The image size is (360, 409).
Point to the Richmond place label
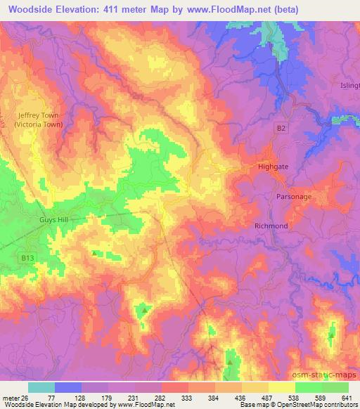point(271,226)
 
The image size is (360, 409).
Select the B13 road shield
point(27,259)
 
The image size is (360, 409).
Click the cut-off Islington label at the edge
point(350,85)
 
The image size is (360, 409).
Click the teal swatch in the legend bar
point(41,387)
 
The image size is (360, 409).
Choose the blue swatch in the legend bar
point(68,387)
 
